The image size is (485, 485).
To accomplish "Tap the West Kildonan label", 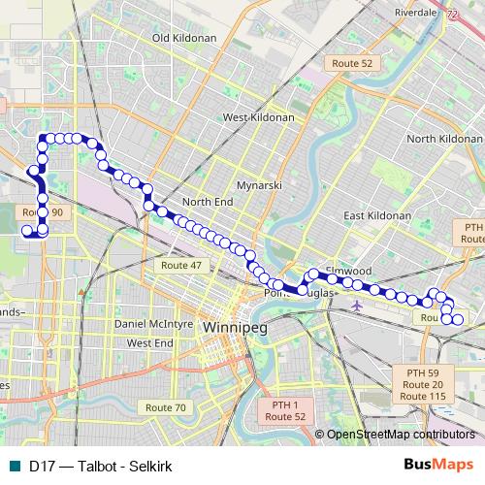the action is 258,116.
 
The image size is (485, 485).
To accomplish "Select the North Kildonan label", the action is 444,140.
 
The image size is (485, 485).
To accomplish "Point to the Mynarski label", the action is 259,184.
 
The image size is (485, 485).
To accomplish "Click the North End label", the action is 208,202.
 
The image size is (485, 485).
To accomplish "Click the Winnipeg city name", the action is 236,328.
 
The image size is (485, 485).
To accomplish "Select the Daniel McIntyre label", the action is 155,323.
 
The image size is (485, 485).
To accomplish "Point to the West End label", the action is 150,342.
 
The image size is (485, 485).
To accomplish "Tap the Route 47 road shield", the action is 181,265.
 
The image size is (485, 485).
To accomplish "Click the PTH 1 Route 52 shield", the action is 287,410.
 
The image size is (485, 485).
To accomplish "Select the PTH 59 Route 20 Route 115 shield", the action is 423,384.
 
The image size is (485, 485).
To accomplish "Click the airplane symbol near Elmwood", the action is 358,306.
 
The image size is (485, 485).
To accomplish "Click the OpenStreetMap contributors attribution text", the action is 401,435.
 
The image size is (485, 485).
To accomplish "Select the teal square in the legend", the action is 13,466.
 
